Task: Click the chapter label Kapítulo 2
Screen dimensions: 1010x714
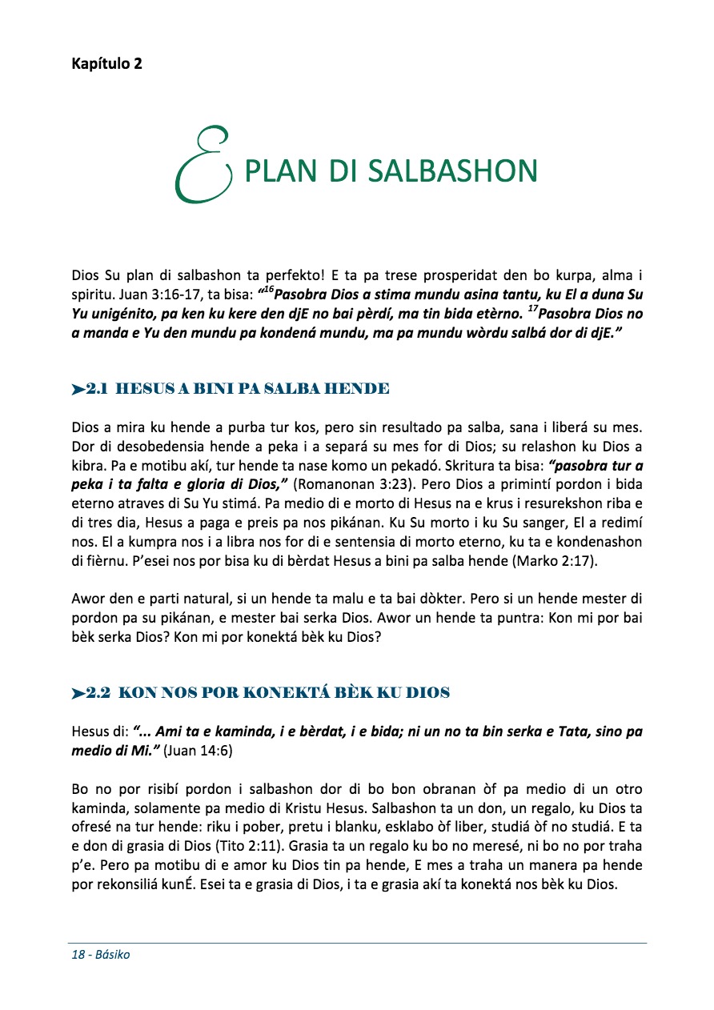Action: point(106,64)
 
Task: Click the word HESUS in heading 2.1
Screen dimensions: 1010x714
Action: point(143,390)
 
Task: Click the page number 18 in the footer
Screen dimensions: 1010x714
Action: point(78,955)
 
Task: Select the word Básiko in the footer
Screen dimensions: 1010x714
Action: point(113,955)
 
